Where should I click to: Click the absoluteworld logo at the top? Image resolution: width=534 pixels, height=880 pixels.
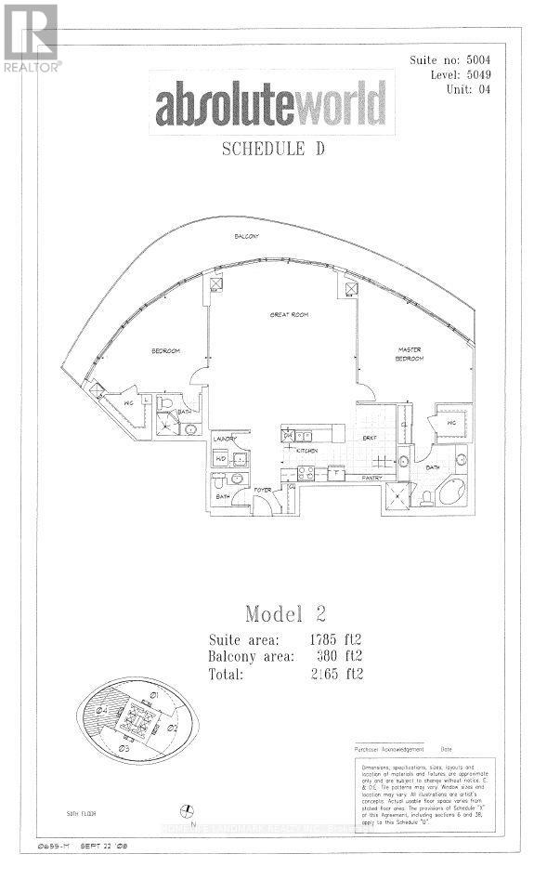coord(270,104)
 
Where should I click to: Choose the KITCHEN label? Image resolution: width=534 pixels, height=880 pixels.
coord(307,450)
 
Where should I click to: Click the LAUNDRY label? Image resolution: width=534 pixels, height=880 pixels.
coord(227,439)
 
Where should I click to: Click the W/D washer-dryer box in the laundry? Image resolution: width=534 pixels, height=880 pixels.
coord(222,458)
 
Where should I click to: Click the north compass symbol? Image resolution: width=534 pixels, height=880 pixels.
coord(187,809)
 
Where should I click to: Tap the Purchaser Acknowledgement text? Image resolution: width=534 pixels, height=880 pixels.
coord(389,749)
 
